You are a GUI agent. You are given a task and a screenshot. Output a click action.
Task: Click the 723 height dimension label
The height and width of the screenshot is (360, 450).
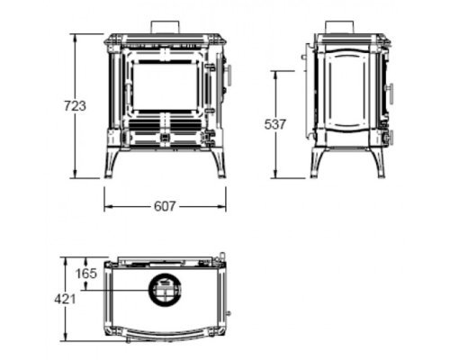pos(75,106)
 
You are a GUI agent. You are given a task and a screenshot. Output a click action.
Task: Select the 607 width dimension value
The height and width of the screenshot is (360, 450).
pos(165,206)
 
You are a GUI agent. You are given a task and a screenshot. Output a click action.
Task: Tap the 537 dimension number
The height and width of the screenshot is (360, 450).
pos(275,124)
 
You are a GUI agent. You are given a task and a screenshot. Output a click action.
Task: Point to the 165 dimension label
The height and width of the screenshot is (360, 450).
pos(86,274)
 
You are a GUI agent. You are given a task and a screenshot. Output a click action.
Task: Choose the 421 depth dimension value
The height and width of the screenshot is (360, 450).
pos(65,299)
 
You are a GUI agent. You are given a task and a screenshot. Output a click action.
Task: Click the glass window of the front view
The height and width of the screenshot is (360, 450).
pos(166,87)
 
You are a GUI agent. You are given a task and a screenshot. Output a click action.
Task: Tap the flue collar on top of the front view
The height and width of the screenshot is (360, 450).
pos(166,27)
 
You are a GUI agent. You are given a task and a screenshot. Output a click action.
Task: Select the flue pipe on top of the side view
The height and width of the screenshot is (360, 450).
pos(340,28)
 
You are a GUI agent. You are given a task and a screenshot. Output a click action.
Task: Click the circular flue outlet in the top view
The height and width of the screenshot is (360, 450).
pos(165,290)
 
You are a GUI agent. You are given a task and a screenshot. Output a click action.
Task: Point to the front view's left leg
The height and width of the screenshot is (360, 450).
pos(110,164)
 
